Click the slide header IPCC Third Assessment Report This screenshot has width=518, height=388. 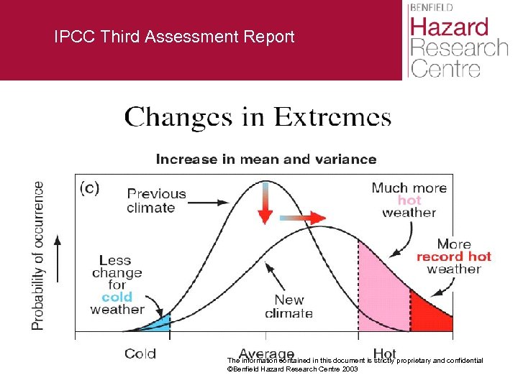pyautogui.click(x=174, y=37)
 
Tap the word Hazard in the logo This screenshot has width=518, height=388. pyautogui.click(x=449, y=28)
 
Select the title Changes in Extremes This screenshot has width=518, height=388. pyautogui.click(x=258, y=117)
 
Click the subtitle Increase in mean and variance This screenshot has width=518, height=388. pyautogui.click(x=265, y=159)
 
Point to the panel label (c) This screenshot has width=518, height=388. pyautogui.click(x=89, y=188)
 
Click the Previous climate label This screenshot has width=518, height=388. pyautogui.click(x=156, y=200)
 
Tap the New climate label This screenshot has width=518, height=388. pyautogui.click(x=288, y=306)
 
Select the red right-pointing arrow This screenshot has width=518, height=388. pyautogui.click(x=302, y=216)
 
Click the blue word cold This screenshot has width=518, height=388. pyautogui.click(x=117, y=297)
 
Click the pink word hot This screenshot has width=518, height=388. pyautogui.click(x=409, y=200)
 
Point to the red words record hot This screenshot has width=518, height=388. pyautogui.click(x=453, y=257)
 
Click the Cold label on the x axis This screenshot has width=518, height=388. pyautogui.click(x=140, y=354)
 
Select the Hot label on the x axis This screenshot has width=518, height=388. pyautogui.click(x=385, y=354)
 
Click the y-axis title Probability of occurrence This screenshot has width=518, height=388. pyautogui.click(x=37, y=256)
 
